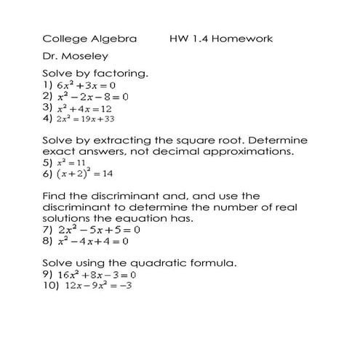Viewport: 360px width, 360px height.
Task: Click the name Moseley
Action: [87, 55]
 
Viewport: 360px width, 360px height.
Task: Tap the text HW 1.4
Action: [185, 38]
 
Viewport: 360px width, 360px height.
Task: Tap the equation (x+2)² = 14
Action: [83, 174]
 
